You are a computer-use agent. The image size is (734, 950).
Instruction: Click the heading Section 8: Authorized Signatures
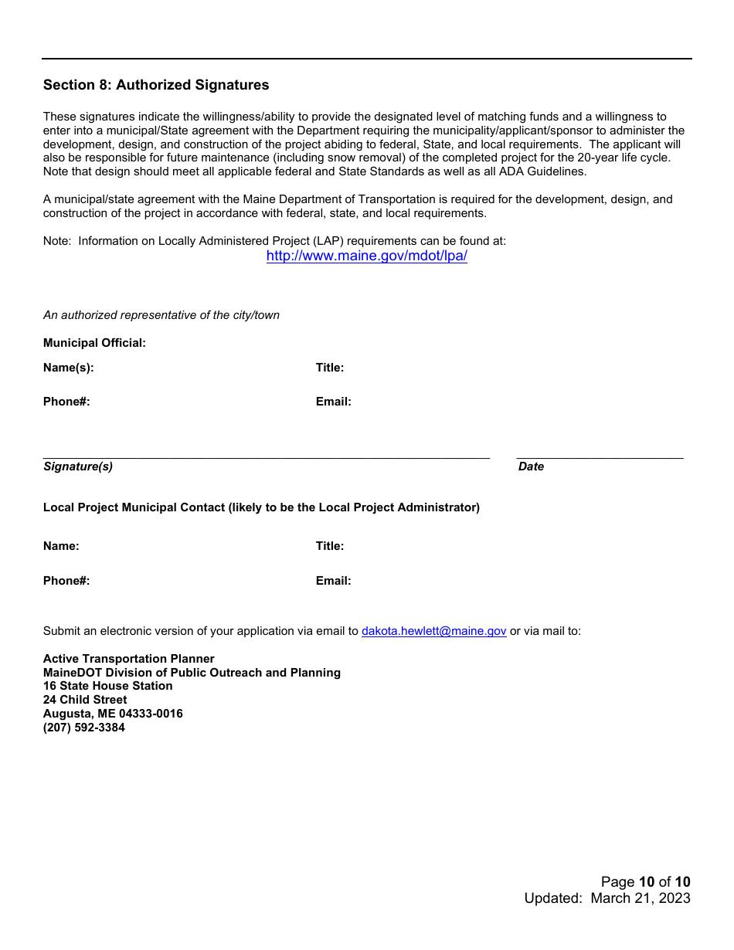point(156,85)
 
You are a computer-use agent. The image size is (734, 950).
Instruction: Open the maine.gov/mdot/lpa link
point(366,256)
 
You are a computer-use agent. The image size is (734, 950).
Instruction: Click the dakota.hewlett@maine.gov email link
point(433,631)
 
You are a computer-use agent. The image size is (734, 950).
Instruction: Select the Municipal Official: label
point(94,343)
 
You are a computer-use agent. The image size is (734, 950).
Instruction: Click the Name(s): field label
point(69,368)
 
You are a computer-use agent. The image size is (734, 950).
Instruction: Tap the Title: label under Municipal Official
point(330,368)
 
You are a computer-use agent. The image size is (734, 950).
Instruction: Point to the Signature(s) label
point(78,467)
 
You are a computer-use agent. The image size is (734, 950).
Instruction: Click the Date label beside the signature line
point(531,467)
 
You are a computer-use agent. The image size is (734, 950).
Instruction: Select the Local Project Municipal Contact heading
point(261,507)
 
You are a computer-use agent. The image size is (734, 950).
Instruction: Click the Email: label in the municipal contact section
point(333,581)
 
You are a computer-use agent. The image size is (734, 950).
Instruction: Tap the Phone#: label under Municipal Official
point(66,402)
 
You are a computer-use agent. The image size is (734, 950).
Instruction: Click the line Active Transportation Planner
point(129,659)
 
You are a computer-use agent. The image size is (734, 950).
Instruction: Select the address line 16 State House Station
point(108,686)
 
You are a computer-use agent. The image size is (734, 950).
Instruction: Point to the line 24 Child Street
point(85,700)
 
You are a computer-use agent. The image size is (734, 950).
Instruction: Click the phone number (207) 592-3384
point(84,728)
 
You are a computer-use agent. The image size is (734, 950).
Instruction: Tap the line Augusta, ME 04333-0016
point(113,714)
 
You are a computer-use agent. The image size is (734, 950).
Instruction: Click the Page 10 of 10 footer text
point(645,882)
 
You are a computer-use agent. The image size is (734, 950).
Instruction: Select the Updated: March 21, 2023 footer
point(607,898)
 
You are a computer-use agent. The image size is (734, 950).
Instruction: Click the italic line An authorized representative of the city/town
point(161,315)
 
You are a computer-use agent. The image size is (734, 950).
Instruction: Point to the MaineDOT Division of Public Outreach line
point(192,673)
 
